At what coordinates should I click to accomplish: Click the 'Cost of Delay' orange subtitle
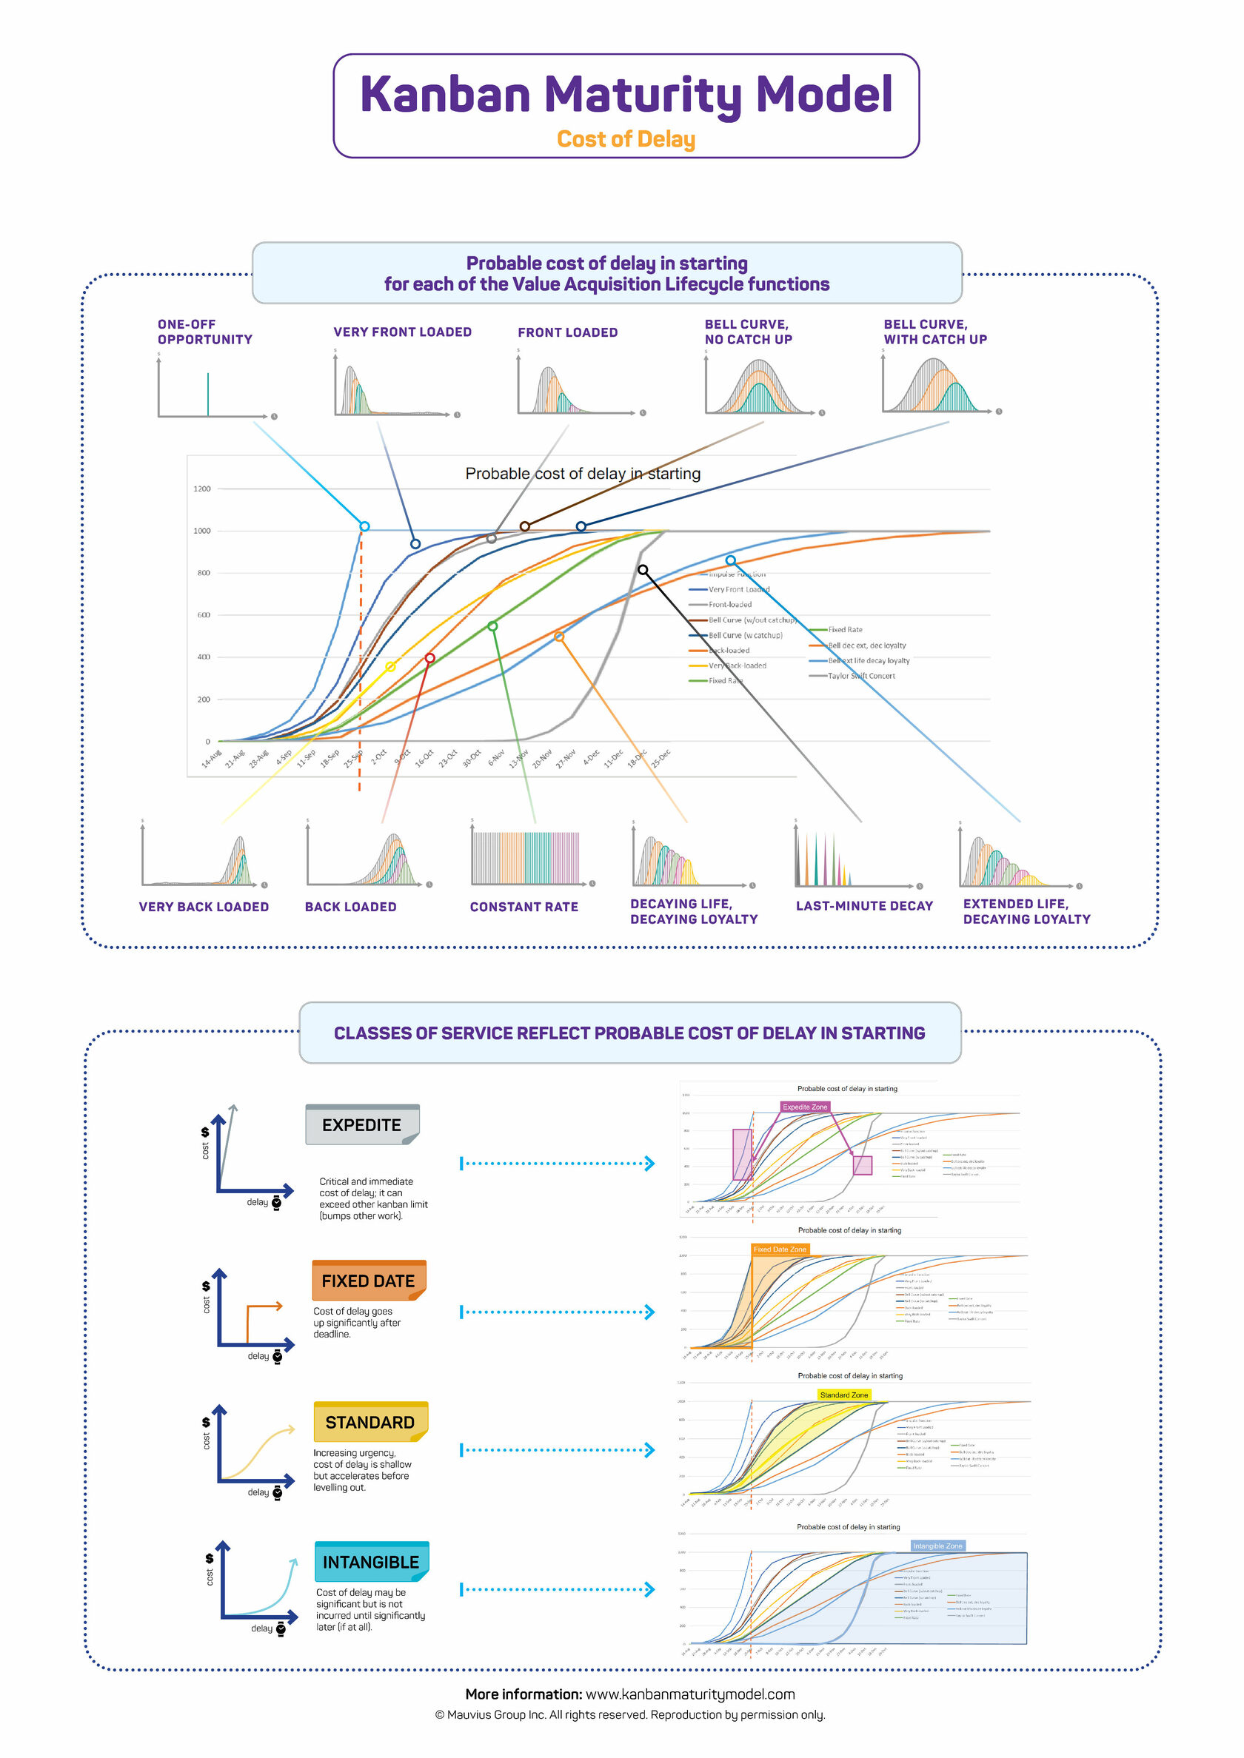coord(626,139)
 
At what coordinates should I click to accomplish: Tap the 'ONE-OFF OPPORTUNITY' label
coord(204,332)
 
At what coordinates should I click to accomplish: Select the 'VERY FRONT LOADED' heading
coord(402,332)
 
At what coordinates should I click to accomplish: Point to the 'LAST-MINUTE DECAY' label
coord(864,906)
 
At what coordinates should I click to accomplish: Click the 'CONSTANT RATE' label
coord(524,907)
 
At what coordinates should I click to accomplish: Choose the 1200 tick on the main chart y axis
coord(201,489)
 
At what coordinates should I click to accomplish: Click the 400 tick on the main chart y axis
coord(203,657)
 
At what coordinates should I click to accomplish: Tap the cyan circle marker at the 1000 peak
coord(364,526)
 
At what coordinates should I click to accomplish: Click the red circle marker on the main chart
coord(429,658)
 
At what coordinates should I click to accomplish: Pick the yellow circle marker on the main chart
coord(390,667)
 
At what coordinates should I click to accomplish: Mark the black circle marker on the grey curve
coord(643,570)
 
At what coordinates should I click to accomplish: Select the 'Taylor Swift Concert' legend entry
coord(861,676)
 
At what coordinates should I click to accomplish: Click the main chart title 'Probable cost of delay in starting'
coord(583,473)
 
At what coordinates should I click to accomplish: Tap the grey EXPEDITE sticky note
coord(361,1125)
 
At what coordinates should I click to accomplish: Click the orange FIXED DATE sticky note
coord(369,1281)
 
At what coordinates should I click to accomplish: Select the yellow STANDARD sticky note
coord(370,1422)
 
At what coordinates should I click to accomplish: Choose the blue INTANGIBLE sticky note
coord(371,1562)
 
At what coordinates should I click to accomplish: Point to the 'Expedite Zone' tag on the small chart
coord(805,1107)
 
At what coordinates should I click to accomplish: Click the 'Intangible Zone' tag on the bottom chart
coord(937,1546)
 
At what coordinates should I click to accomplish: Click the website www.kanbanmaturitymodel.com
coord(689,1694)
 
